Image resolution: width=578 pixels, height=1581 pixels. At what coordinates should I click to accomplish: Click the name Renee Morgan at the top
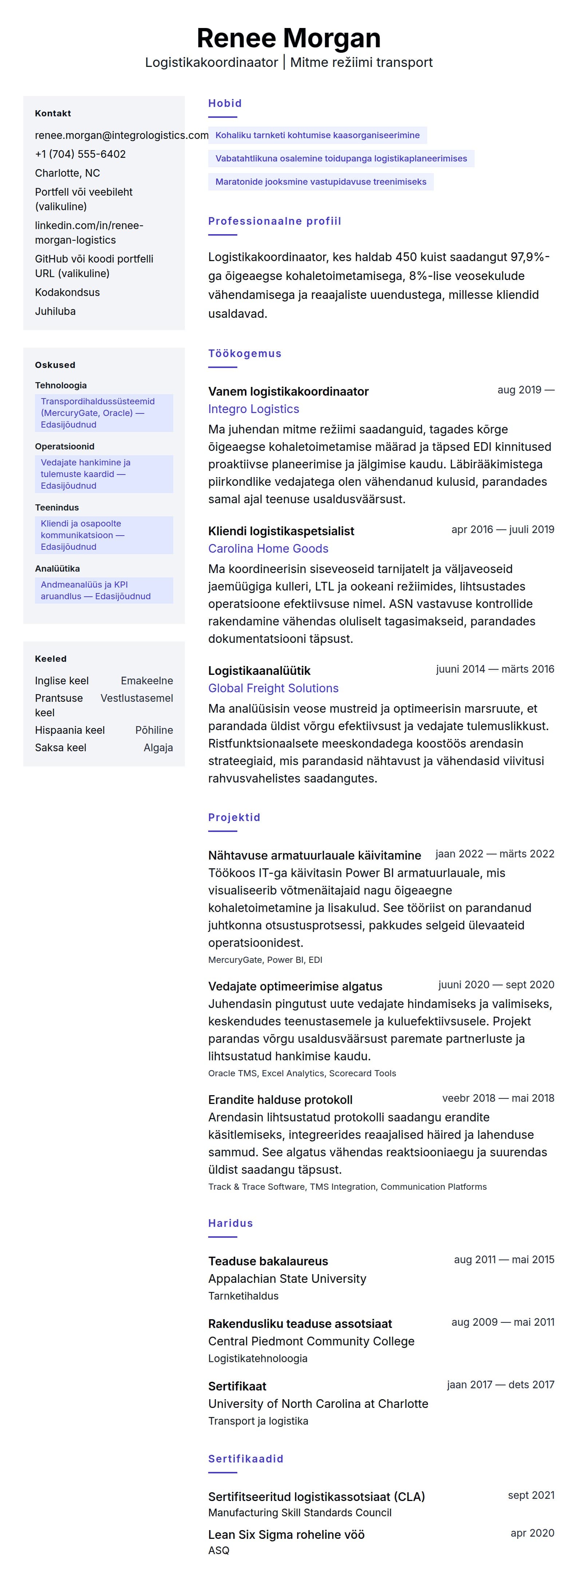[289, 38]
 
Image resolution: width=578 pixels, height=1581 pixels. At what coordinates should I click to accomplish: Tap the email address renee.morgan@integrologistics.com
[122, 135]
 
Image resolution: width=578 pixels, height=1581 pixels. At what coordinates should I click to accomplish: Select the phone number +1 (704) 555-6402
[80, 154]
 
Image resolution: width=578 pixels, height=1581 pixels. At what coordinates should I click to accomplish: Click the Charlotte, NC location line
[68, 173]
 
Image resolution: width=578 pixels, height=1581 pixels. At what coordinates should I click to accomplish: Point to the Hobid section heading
[225, 103]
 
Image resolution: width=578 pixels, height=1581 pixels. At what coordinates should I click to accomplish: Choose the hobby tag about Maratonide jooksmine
[321, 182]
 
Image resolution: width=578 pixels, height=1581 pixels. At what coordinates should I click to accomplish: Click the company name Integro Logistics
[254, 409]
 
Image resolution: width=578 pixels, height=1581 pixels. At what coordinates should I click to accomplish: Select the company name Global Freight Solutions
[273, 688]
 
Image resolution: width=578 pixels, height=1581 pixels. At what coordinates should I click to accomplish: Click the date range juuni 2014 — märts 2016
[495, 669]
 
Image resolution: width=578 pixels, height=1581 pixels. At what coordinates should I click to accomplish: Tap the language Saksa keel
[60, 748]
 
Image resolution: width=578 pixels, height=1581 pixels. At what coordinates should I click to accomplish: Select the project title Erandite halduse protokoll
[280, 1100]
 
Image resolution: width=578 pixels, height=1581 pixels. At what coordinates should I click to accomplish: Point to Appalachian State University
[287, 1278]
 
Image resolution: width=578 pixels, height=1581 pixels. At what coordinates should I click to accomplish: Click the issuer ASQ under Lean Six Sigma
[219, 1550]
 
